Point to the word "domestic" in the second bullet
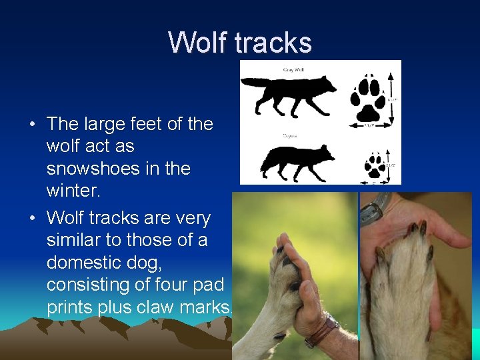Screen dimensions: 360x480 pyautogui.click(x=89, y=262)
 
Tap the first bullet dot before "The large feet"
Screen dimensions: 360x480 pyautogui.click(x=32, y=125)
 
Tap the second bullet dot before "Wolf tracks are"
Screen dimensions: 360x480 pyautogui.click(x=32, y=219)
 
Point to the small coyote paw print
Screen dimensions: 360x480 pyautogui.click(x=375, y=165)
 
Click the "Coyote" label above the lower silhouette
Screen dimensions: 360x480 pyautogui.click(x=289, y=135)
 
